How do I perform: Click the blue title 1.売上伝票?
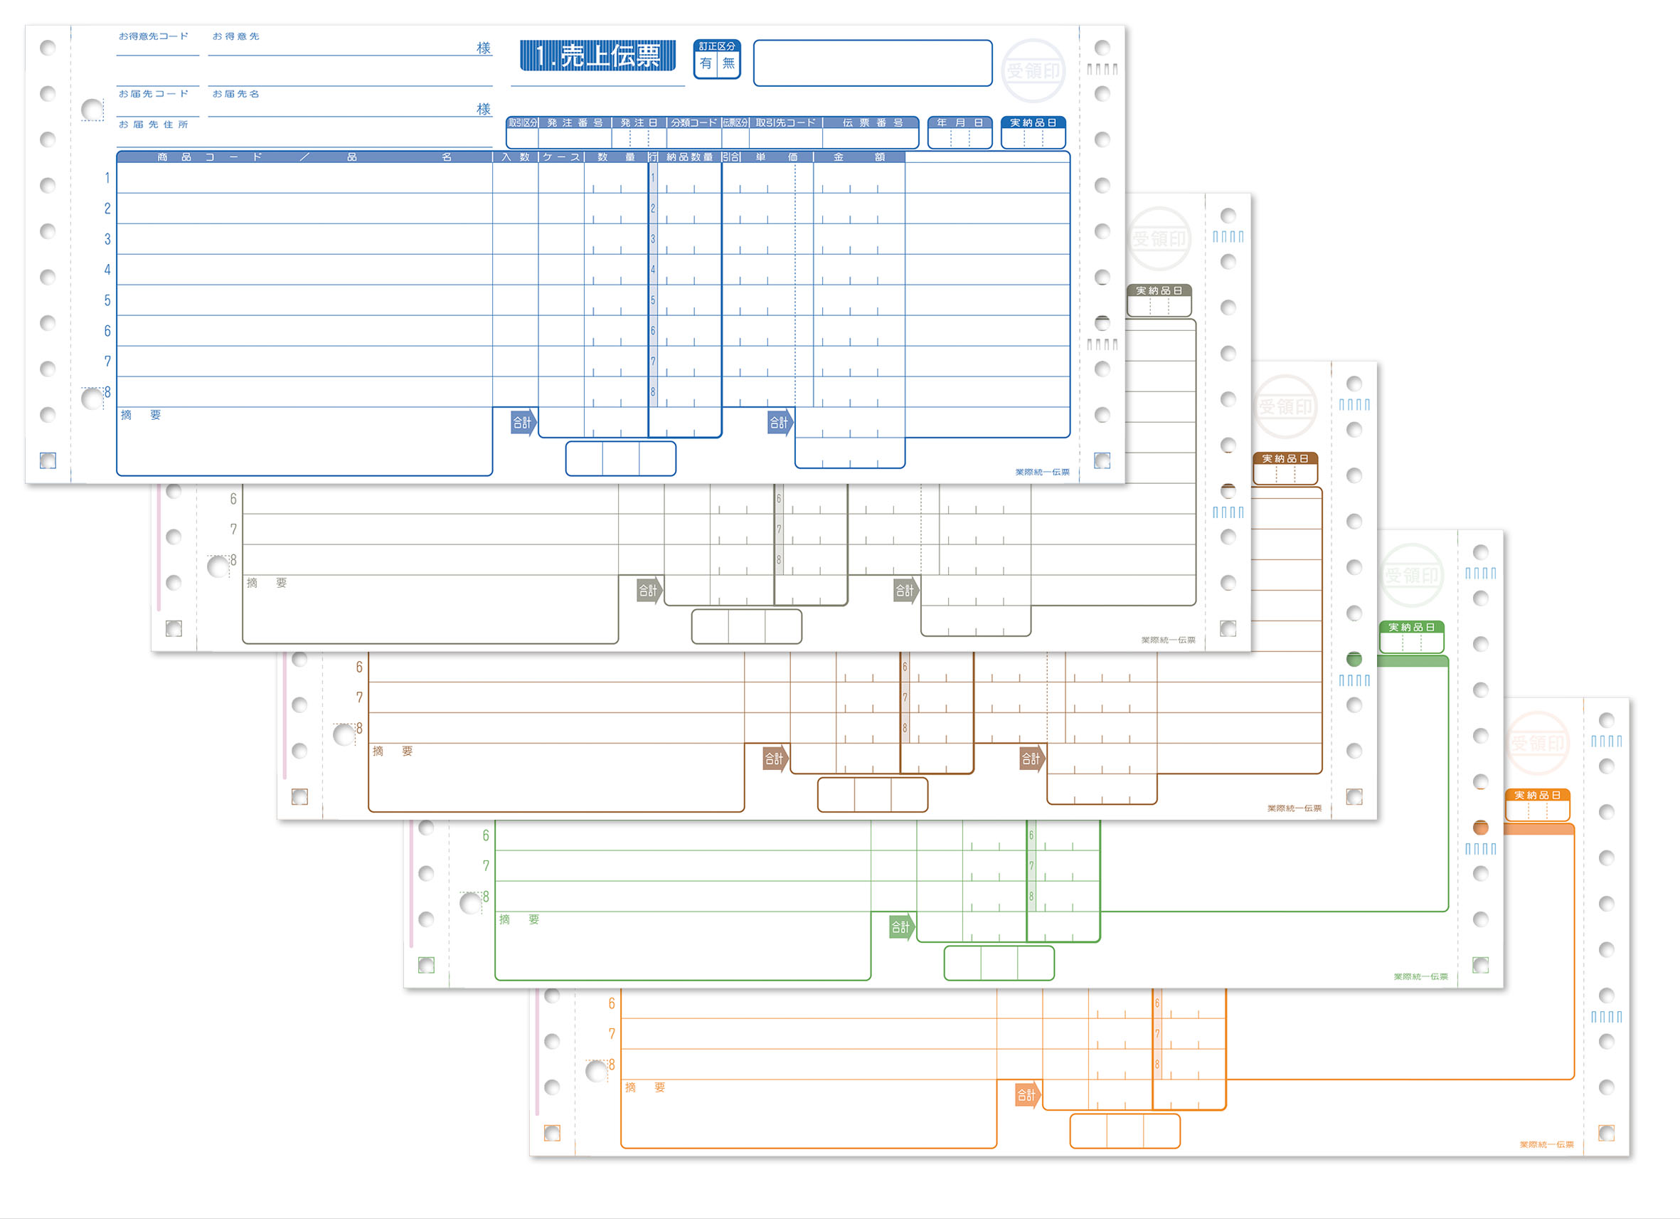click(597, 56)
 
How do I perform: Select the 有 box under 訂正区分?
click(706, 64)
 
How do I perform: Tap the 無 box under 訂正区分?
click(729, 64)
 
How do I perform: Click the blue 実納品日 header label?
click(1033, 122)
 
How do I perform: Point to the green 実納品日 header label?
click(1411, 627)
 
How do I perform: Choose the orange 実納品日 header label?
click(1537, 795)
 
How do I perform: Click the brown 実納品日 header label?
click(1285, 459)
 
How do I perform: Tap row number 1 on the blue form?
click(107, 178)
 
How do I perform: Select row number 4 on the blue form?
click(107, 270)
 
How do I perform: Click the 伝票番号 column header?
click(873, 122)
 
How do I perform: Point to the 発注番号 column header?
click(575, 122)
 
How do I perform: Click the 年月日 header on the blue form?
click(959, 122)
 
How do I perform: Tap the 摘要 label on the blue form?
click(140, 415)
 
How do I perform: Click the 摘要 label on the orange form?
click(644, 1087)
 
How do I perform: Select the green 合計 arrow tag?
click(900, 927)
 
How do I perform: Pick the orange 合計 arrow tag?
click(1026, 1094)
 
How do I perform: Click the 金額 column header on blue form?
click(858, 157)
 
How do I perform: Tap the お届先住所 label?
click(154, 125)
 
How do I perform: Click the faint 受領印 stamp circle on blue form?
click(1033, 70)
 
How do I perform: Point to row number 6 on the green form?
click(486, 835)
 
